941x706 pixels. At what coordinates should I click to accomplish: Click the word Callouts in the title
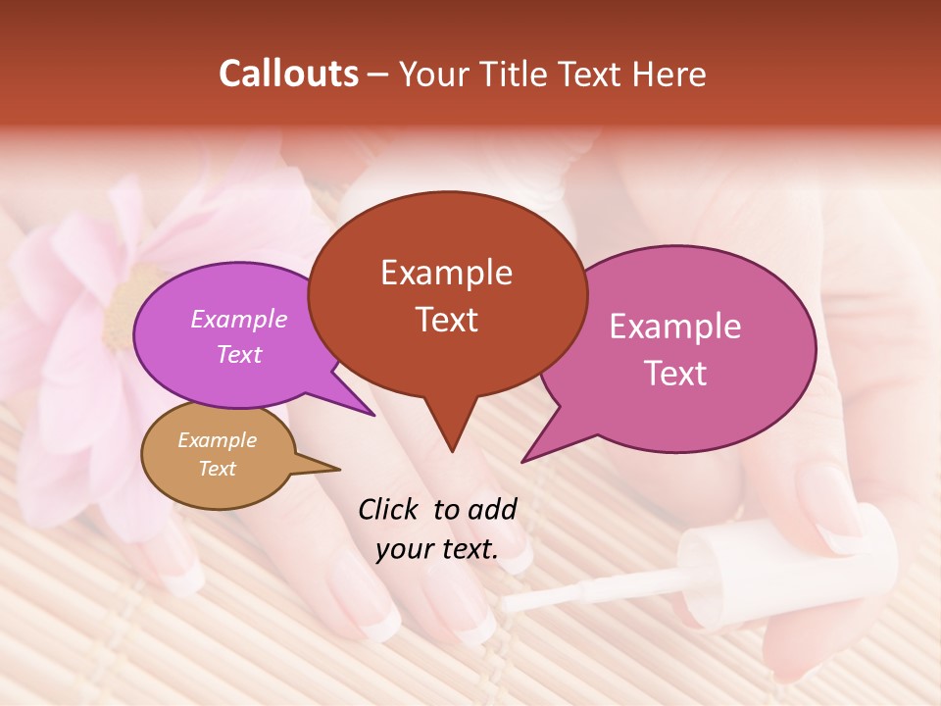pyautogui.click(x=288, y=74)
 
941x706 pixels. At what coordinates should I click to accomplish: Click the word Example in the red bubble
pyautogui.click(x=446, y=273)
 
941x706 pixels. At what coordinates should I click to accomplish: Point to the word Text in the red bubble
pyautogui.click(x=446, y=320)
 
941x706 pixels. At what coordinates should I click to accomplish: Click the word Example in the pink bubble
pyautogui.click(x=675, y=327)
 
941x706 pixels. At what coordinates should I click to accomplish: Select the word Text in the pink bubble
pyautogui.click(x=675, y=374)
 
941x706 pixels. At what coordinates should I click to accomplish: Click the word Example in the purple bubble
pyautogui.click(x=239, y=320)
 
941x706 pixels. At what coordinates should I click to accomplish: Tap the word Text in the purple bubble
pyautogui.click(x=239, y=354)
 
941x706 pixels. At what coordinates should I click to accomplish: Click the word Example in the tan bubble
pyautogui.click(x=217, y=440)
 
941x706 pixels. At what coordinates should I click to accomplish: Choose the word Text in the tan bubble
pyautogui.click(x=217, y=469)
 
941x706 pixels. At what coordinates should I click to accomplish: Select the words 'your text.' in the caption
pyautogui.click(x=437, y=550)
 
